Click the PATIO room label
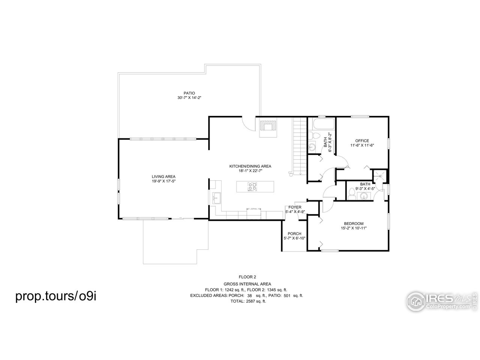click(189, 93)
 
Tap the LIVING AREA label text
click(163, 177)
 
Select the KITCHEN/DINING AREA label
click(250, 166)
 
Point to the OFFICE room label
click(362, 141)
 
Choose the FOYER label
click(295, 207)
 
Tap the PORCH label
click(294, 234)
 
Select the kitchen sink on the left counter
click(216, 198)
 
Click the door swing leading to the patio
click(248, 123)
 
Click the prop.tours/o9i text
click(56, 296)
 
